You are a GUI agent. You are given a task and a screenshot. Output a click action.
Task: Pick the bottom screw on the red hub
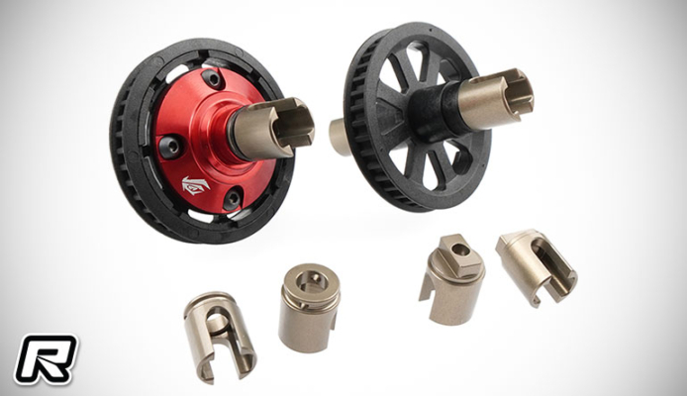232,198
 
